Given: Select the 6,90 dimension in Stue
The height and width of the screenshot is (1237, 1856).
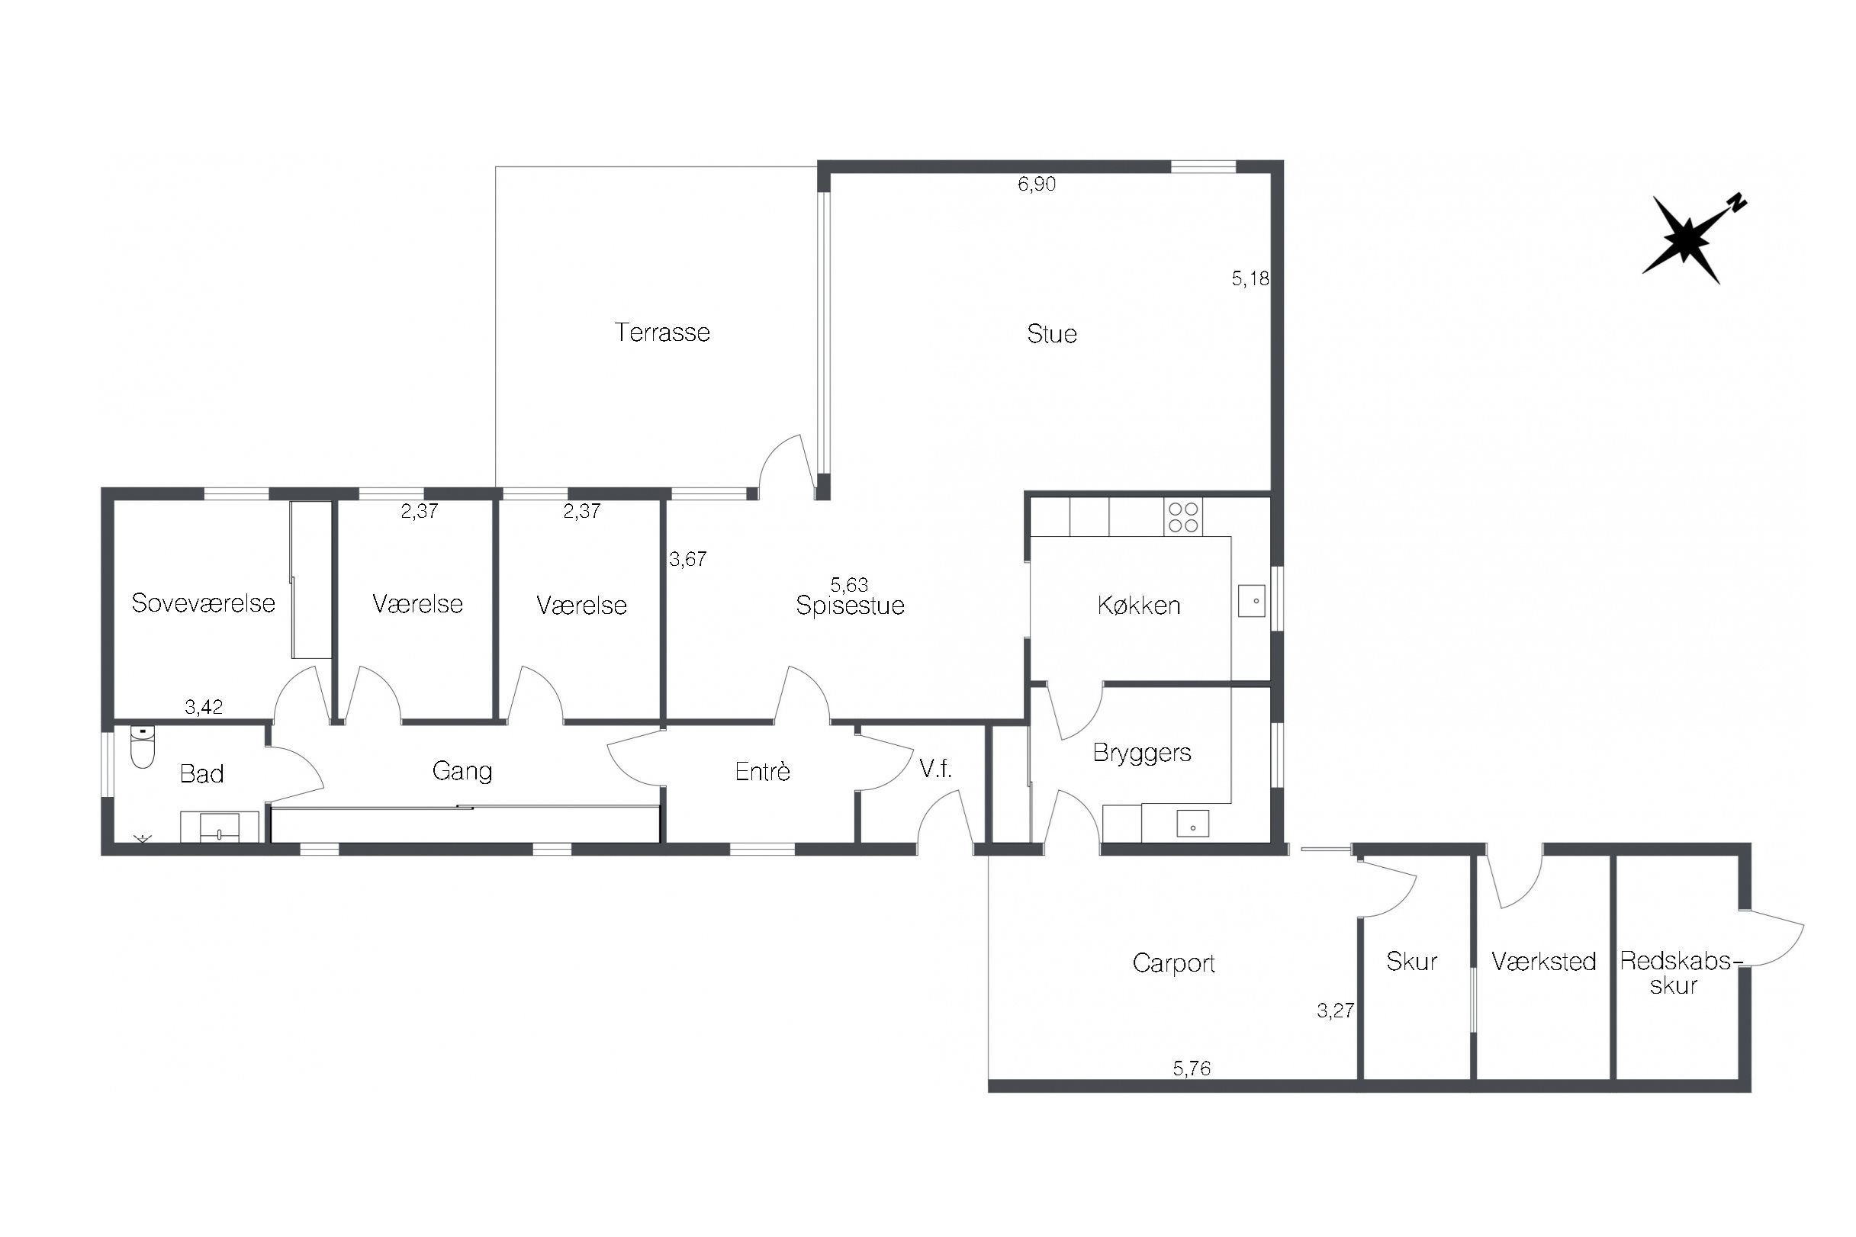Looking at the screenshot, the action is tap(1036, 184).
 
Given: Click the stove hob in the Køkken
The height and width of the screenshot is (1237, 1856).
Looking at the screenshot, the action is tap(1183, 518).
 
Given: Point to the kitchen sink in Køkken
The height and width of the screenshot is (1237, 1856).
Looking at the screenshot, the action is tap(1252, 600).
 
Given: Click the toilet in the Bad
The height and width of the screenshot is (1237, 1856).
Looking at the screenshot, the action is tap(142, 747).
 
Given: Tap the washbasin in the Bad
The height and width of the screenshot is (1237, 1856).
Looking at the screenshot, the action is tap(220, 827).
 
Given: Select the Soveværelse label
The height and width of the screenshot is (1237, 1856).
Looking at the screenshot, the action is tap(204, 602).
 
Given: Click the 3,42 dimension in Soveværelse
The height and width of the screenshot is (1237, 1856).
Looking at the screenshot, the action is tap(204, 707).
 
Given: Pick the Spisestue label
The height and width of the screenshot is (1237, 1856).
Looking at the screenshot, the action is tap(850, 605).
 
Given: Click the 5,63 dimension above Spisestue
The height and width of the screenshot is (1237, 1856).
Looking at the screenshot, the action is tap(849, 585).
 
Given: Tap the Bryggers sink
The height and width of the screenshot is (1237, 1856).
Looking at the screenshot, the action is tap(1192, 824).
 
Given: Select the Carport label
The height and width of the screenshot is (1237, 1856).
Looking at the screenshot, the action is tap(1173, 963).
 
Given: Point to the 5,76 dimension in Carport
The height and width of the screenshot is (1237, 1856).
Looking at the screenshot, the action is tap(1192, 1068).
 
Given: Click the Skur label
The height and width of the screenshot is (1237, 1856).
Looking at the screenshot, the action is tap(1412, 961).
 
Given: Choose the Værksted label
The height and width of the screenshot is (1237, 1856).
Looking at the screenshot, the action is tap(1543, 961).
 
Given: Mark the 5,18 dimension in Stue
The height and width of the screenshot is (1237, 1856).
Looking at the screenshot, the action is tap(1251, 278).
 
